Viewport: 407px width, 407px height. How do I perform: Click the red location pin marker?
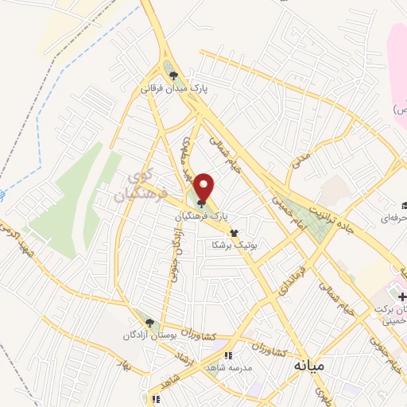pyautogui.click(x=204, y=188)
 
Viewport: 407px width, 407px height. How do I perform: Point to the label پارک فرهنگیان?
pyautogui.click(x=204, y=215)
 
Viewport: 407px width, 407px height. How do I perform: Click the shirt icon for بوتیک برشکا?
pyautogui.click(x=233, y=233)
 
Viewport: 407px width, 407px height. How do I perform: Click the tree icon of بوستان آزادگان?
pyautogui.click(x=149, y=322)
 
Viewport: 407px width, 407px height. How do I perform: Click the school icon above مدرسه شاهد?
pyautogui.click(x=229, y=357)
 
